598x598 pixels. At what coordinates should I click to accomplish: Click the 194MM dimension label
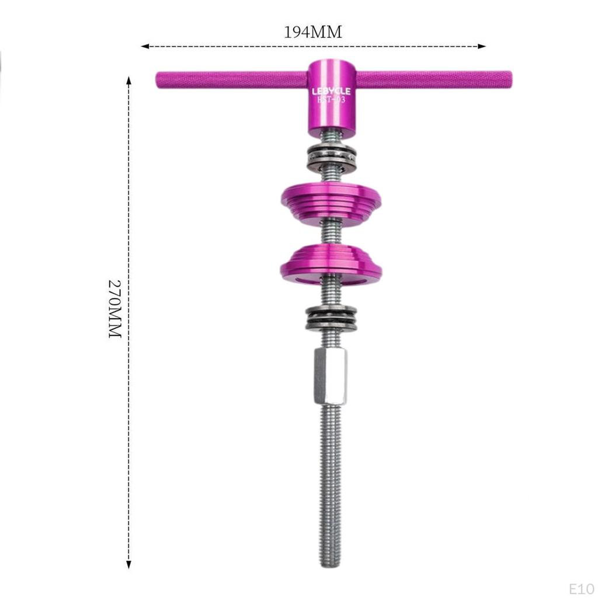312,32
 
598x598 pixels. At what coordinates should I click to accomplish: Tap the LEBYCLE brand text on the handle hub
331,91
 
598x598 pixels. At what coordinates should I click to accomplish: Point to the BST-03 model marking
331,100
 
